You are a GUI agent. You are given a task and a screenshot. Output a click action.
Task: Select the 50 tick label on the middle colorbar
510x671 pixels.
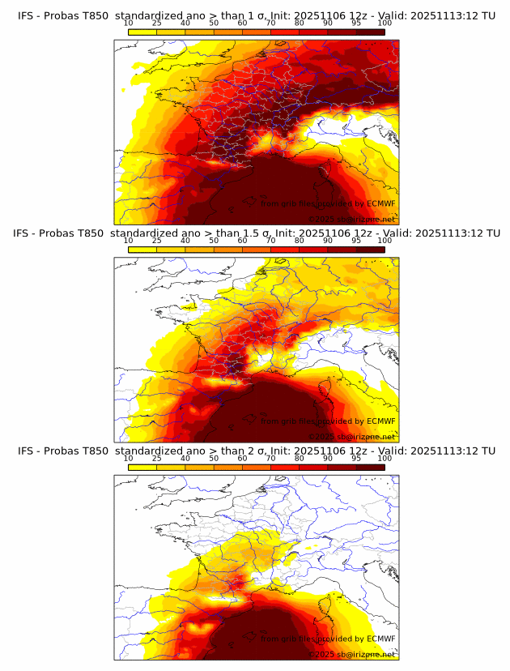(x=214, y=240)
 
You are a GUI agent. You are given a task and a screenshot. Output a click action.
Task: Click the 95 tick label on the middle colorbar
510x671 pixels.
(x=356, y=240)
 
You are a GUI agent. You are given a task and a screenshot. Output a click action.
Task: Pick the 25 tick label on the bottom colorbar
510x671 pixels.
(x=157, y=457)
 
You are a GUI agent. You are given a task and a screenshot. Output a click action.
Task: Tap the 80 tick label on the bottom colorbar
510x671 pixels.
(x=300, y=457)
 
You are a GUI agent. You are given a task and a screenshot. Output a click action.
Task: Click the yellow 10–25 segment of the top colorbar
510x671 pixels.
(x=142, y=32)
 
